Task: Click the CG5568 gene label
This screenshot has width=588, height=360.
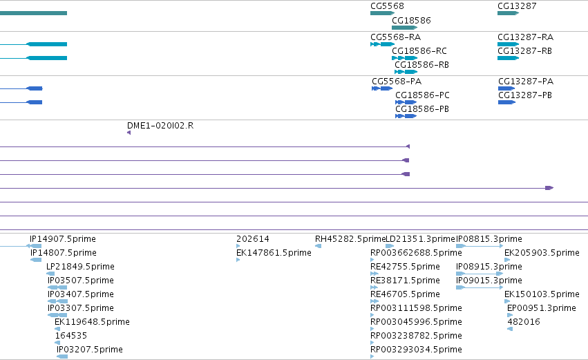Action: pyautogui.click(x=387, y=6)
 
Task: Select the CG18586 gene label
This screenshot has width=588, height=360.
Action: pyautogui.click(x=411, y=20)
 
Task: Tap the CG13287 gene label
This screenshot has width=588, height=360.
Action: pyautogui.click(x=517, y=6)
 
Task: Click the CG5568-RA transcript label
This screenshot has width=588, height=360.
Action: pyautogui.click(x=396, y=37)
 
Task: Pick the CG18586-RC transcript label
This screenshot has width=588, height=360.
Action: pyautogui.click(x=419, y=51)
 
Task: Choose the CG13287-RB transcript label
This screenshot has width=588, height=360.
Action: pyautogui.click(x=524, y=51)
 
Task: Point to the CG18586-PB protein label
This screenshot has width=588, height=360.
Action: pyautogui.click(x=422, y=109)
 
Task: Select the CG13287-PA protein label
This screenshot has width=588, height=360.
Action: pyautogui.click(x=526, y=82)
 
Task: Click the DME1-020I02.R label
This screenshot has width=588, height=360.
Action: pyautogui.click(x=160, y=126)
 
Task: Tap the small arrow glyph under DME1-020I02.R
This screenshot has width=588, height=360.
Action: pyautogui.click(x=129, y=133)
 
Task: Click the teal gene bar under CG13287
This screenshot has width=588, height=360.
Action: pyautogui.click(x=508, y=13)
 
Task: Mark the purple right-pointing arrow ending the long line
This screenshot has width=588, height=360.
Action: pyautogui.click(x=549, y=188)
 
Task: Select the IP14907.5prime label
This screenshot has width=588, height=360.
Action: pyautogui.click(x=63, y=239)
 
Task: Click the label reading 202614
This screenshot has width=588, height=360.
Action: pyautogui.click(x=253, y=239)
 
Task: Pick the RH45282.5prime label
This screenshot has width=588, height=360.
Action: pyautogui.click(x=350, y=239)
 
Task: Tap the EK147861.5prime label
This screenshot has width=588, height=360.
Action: pyautogui.click(x=274, y=253)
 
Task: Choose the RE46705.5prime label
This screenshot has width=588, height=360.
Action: pyautogui.click(x=405, y=294)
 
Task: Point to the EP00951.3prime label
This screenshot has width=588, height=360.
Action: pyautogui.click(x=542, y=308)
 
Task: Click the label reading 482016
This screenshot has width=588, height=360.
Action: pyautogui.click(x=524, y=322)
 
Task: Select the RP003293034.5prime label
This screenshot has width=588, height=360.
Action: pyautogui.click(x=416, y=350)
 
